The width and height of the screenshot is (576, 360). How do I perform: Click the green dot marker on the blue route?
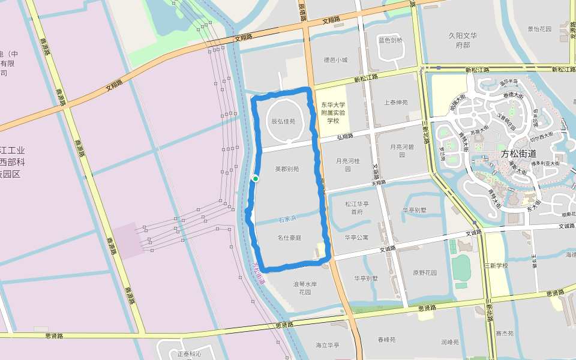[x=256, y=178]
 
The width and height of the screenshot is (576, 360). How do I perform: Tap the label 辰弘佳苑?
[x=284, y=121]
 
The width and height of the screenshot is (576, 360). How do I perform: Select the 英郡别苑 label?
[x=287, y=169]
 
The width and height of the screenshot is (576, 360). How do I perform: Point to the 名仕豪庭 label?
[x=289, y=238]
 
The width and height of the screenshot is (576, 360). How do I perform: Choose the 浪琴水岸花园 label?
[x=304, y=288]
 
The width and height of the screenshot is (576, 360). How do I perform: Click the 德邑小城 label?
[x=335, y=60]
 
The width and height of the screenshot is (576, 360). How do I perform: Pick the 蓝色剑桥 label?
[x=391, y=41]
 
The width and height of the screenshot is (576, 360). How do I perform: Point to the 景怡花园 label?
[x=539, y=29]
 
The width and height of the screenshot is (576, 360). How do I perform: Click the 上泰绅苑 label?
[x=395, y=103]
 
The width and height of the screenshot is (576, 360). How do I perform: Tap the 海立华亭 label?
[x=328, y=345]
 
